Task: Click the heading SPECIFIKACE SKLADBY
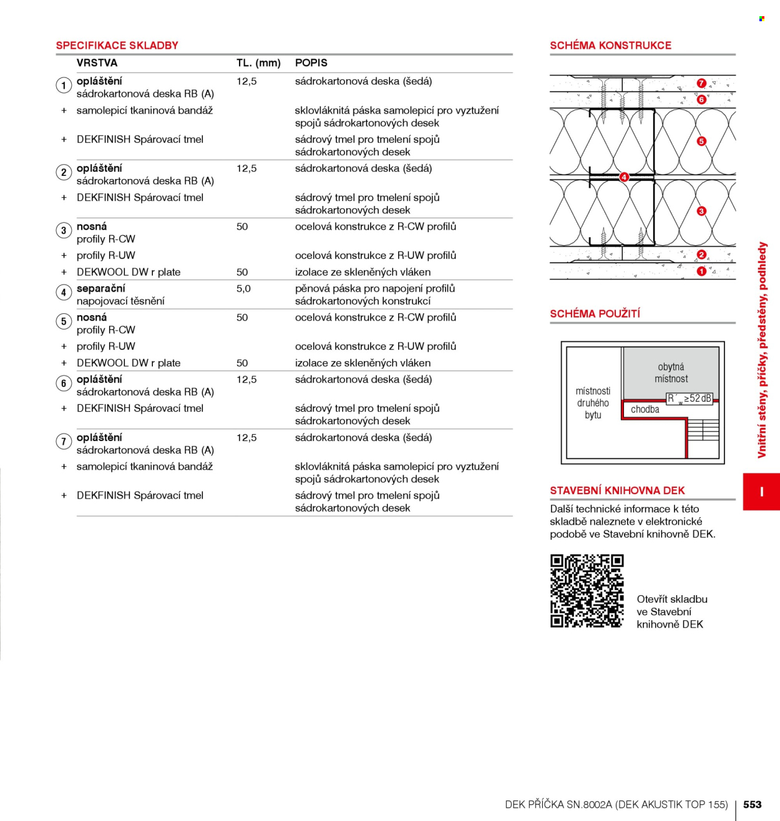pos(117,46)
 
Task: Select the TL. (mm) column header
pos(258,63)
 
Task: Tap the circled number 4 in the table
pos(64,293)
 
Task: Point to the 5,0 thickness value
pos(243,289)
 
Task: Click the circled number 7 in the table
pos(64,442)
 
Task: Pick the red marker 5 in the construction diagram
pos(701,141)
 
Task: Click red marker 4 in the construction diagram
pos(624,177)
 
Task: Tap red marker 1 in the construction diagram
pos(701,271)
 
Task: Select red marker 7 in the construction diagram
pos(701,83)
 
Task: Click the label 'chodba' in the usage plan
pos(645,409)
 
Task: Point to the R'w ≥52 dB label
pos(689,399)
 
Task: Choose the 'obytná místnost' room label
pos(671,372)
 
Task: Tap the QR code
pos(587,591)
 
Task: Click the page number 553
pos(752,804)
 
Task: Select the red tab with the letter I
pos(761,492)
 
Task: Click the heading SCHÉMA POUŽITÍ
pos(595,314)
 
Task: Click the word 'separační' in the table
pos(100,289)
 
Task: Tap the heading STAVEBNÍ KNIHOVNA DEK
pos(618,490)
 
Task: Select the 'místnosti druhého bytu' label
pos(593,403)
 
